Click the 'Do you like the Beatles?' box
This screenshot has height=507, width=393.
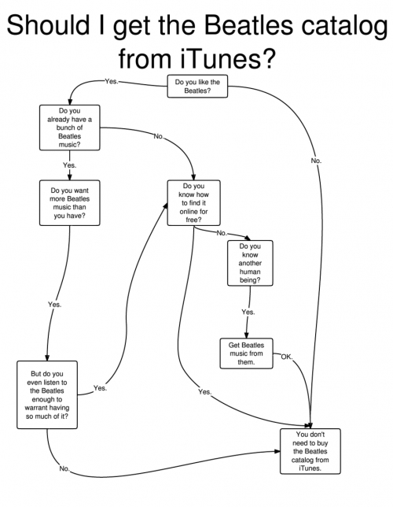coord(197,87)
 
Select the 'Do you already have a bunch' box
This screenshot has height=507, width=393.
coord(70,128)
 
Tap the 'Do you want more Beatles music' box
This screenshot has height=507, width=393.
coord(70,203)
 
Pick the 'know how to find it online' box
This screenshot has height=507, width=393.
coord(194,203)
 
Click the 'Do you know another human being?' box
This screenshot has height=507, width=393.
coord(250,263)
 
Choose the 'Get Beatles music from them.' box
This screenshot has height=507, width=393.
coord(246,353)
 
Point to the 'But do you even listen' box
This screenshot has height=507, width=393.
coord(47,394)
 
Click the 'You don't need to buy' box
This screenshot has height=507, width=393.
coord(310,451)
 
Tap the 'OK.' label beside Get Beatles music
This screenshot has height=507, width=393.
coord(287,357)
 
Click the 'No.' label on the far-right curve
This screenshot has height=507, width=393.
coord(316,161)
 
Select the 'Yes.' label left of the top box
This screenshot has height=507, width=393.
coord(112,82)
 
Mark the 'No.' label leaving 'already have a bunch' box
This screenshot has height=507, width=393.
coord(159,136)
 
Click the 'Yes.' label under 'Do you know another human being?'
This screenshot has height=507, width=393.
coord(248,312)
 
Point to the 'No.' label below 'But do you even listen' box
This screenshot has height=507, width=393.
coord(64,468)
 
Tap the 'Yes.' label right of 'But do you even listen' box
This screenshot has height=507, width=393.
coord(100,388)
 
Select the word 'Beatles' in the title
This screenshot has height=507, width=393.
coord(248,25)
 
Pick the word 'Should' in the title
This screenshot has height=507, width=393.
coord(48,25)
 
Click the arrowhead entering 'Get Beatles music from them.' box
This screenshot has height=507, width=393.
coord(246,335)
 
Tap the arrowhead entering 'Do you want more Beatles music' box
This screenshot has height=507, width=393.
coord(70,177)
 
